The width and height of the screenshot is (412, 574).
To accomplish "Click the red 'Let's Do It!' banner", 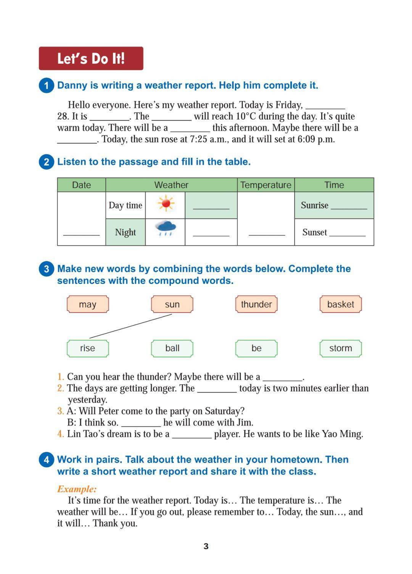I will coord(91,58).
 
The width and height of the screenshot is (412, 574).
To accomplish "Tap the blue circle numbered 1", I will coord(46,85).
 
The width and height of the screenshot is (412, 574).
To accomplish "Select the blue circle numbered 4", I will coord(46,460).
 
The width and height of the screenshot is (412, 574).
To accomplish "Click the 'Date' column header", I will coord(81,185).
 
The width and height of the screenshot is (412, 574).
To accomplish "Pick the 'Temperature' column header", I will coord(266,185).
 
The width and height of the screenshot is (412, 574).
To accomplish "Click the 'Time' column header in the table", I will coord(334,185).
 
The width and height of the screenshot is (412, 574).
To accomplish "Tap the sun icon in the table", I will coord(165,204).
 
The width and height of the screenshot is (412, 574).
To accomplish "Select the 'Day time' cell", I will coord(125,205).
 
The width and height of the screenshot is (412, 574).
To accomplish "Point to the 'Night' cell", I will coord(125,232).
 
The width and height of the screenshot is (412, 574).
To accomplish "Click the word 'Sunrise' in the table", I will coord(314,205).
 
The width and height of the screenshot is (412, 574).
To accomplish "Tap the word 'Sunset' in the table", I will coord(314,232).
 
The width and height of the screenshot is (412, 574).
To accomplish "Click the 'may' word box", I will coord(88,304).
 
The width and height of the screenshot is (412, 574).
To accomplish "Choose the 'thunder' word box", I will coord(256,304).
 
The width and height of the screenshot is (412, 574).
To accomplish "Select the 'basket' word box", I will coord(340,304).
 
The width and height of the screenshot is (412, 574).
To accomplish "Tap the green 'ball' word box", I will coord(172,348).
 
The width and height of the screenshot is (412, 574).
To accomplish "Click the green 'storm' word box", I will coord(340,348).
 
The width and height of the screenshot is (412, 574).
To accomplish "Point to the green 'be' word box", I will coord(256,348).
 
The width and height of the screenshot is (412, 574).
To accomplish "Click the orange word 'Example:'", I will coord(77,489).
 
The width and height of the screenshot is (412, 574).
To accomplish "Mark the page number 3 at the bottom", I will coord(206,546).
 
